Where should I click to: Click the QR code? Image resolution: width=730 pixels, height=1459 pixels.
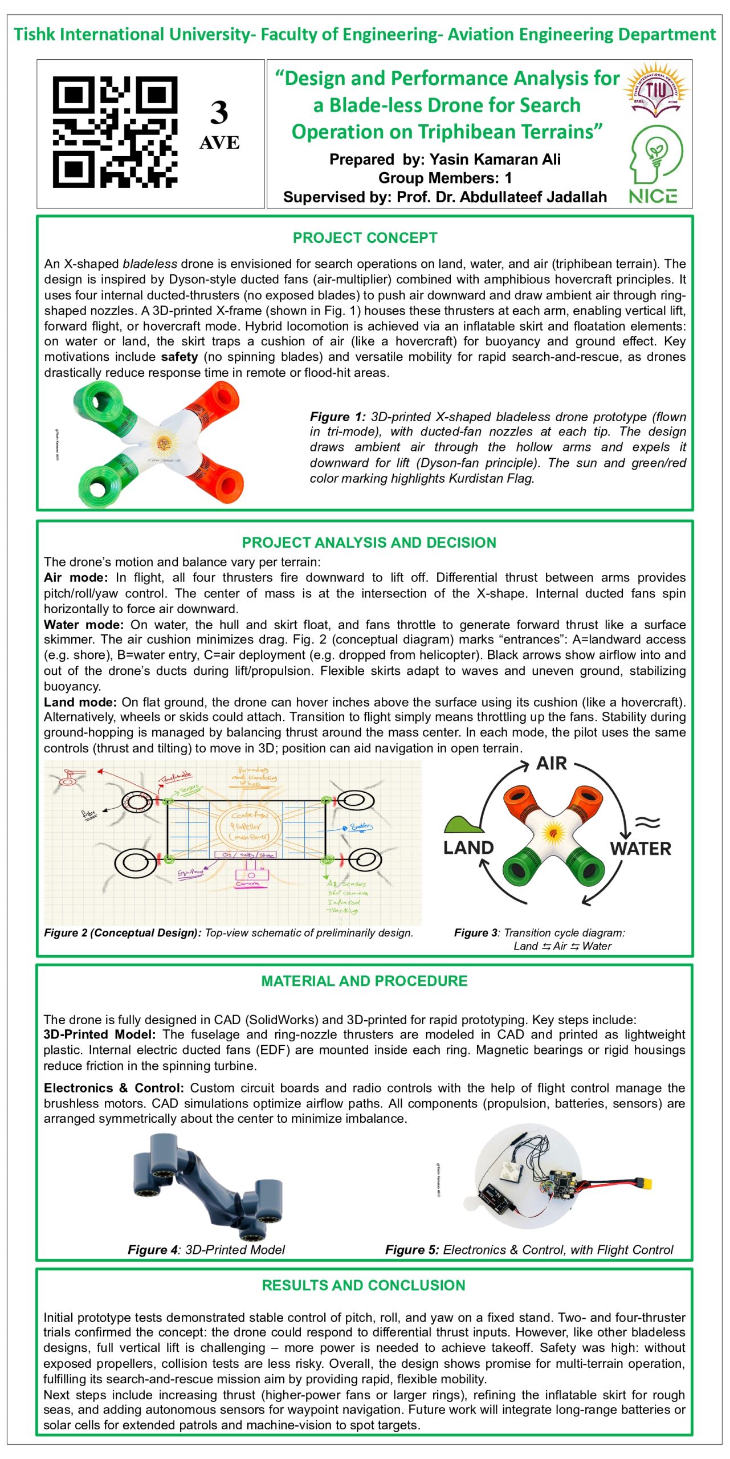[x=115, y=133]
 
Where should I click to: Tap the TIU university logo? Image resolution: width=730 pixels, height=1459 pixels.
[x=655, y=90]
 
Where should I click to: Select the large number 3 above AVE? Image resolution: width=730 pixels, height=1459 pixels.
[x=219, y=113]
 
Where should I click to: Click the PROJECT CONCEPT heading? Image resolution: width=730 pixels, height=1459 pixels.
[x=365, y=238]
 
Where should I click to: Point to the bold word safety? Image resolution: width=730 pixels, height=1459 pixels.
[x=179, y=357]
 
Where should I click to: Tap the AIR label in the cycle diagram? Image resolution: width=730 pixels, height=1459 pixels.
[x=551, y=764]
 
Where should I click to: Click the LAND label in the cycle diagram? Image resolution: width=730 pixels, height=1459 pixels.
[x=468, y=847]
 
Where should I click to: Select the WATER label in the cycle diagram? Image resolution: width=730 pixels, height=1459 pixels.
[x=641, y=849]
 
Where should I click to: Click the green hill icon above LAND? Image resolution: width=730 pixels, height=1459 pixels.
[x=463, y=824]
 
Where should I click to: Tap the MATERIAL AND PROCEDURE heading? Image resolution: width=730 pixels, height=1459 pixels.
[x=364, y=981]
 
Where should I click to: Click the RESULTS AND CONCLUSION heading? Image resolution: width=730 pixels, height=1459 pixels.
[x=364, y=1285]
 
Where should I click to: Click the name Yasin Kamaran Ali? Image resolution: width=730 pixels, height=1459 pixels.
[x=495, y=159]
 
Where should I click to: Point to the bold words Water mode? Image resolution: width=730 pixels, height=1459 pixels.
[x=84, y=625]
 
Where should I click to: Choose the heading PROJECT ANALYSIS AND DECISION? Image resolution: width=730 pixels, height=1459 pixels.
[x=369, y=542]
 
